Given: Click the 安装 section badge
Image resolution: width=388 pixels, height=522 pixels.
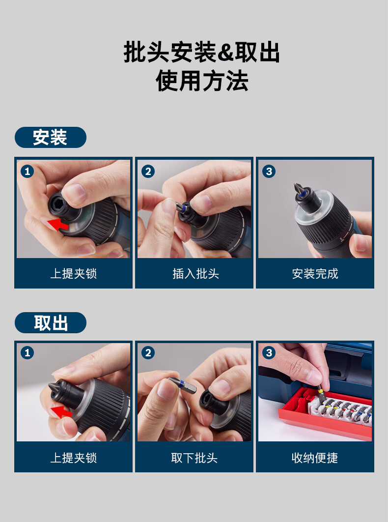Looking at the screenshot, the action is (x=51, y=137).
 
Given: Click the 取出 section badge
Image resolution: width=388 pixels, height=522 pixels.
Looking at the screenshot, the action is (x=51, y=322).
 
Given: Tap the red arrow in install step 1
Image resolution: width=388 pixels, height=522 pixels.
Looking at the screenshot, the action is (x=58, y=224).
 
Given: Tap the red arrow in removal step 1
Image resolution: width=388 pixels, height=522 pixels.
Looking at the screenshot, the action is (x=62, y=411).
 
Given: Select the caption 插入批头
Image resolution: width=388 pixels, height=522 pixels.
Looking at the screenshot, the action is (x=195, y=274).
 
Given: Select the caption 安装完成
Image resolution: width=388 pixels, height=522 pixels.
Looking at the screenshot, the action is (x=315, y=274).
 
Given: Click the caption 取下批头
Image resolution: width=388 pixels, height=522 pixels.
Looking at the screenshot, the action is (x=194, y=458).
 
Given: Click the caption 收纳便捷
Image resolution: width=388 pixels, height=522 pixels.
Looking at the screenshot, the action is (x=315, y=458).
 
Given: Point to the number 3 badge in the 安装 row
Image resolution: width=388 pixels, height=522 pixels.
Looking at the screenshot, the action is (x=269, y=172).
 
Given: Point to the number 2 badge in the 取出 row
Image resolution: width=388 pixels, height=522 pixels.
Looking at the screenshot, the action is (x=148, y=353).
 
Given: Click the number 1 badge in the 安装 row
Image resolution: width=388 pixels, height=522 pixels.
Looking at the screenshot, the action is (x=28, y=172).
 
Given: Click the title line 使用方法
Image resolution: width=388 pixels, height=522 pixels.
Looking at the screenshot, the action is (x=202, y=81).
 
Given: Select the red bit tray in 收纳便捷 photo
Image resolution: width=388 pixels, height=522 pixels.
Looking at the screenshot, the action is (x=325, y=414).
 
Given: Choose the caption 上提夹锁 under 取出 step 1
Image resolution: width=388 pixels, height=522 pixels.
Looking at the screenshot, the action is (x=74, y=458).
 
